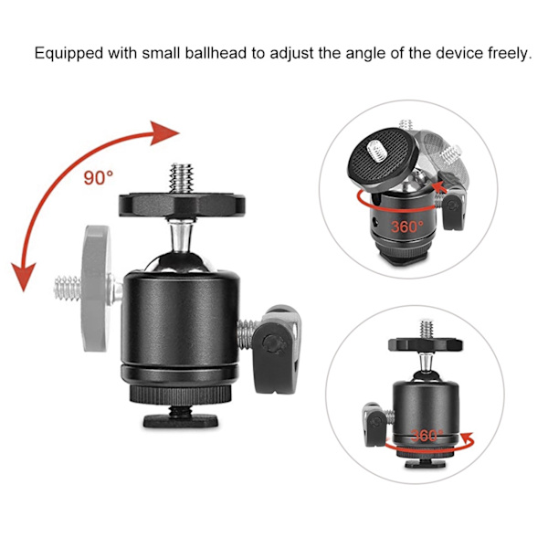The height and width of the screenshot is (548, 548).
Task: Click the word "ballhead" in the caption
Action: click(x=216, y=53)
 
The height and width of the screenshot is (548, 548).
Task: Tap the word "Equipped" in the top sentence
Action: click(x=68, y=54)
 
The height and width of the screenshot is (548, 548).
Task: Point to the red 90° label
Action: click(x=99, y=177)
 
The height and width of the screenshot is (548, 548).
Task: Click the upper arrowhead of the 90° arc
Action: click(x=163, y=133)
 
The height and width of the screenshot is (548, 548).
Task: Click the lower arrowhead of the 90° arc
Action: click(x=24, y=276)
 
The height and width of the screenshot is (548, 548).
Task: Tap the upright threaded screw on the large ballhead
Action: click(x=182, y=178)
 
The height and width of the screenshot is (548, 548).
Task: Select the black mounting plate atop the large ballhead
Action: click(x=182, y=205)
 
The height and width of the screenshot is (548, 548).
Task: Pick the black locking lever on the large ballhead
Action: click(x=276, y=352)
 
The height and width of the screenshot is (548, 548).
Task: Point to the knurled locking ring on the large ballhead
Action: click(x=180, y=395)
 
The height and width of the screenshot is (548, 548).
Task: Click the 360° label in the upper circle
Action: click(x=406, y=227)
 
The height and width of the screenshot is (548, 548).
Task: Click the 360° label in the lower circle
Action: click(x=427, y=436)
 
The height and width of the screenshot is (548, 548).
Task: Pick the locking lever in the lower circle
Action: click(x=374, y=424)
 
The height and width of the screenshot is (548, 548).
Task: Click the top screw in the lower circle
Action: click(x=427, y=329)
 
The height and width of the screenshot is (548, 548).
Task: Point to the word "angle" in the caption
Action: click(x=365, y=55)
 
